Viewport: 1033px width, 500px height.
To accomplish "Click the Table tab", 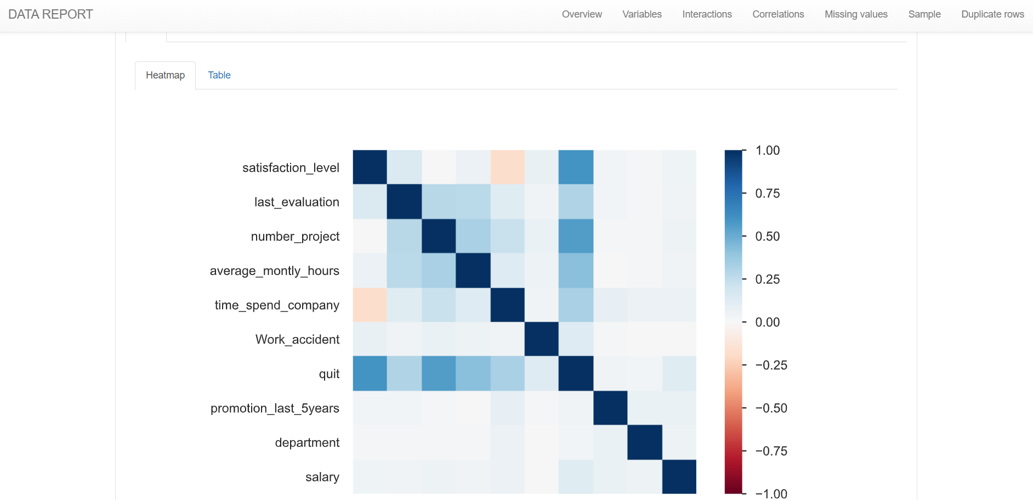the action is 219,75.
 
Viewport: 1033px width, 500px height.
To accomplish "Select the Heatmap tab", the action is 165,75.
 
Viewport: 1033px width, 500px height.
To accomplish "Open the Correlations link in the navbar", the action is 778,14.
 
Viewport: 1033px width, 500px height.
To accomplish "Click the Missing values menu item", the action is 856,14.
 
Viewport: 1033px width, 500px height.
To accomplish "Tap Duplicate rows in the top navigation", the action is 992,14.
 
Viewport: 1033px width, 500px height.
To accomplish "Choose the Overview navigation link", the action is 582,14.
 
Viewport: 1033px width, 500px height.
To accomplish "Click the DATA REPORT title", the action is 50,14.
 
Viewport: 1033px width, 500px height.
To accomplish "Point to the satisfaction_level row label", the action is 291,167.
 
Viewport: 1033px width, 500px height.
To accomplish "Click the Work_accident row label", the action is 297,339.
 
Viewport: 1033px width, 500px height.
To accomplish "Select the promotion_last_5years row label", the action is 275,408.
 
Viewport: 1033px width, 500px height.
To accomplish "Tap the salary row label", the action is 322,477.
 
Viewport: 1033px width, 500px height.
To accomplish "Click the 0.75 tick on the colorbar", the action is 767,193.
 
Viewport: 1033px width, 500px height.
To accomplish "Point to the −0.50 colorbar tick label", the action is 771,408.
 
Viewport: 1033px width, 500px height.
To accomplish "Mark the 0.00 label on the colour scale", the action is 767,322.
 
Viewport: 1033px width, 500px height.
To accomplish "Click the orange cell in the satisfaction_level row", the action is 508,167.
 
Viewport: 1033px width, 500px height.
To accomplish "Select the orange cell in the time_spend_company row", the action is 370,305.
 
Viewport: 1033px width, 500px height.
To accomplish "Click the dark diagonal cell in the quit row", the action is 576,374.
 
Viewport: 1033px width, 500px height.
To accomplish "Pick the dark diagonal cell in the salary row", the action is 679,477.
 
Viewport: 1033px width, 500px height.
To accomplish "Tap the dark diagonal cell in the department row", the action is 645,442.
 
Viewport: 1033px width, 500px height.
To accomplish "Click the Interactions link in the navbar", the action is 707,14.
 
